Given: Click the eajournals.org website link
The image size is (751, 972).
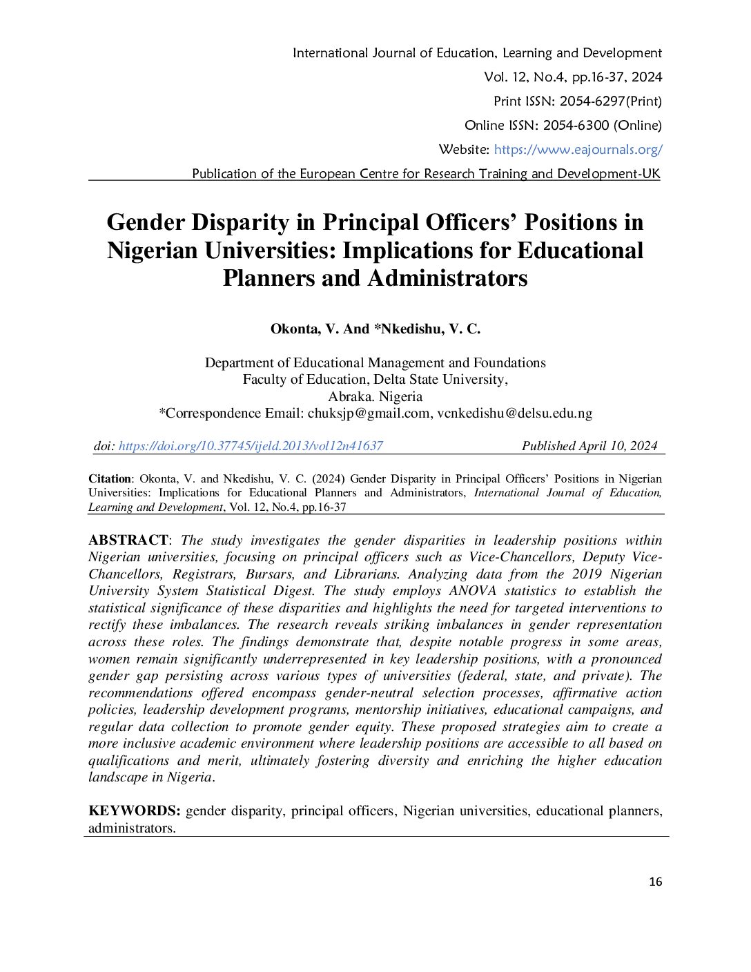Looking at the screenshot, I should point(578,149).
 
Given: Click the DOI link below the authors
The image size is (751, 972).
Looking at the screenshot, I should point(251,446).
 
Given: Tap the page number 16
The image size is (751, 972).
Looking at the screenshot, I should point(655,882).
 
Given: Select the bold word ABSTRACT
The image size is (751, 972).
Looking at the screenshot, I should point(128,540).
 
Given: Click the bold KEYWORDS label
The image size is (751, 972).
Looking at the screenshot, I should point(134,810).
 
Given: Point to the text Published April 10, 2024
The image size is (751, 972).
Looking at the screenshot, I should point(589,446).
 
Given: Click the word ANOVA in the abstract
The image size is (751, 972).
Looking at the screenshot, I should point(472,591).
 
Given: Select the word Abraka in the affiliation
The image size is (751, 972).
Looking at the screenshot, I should point(349,396).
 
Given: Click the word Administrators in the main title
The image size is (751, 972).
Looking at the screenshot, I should point(447,278).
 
